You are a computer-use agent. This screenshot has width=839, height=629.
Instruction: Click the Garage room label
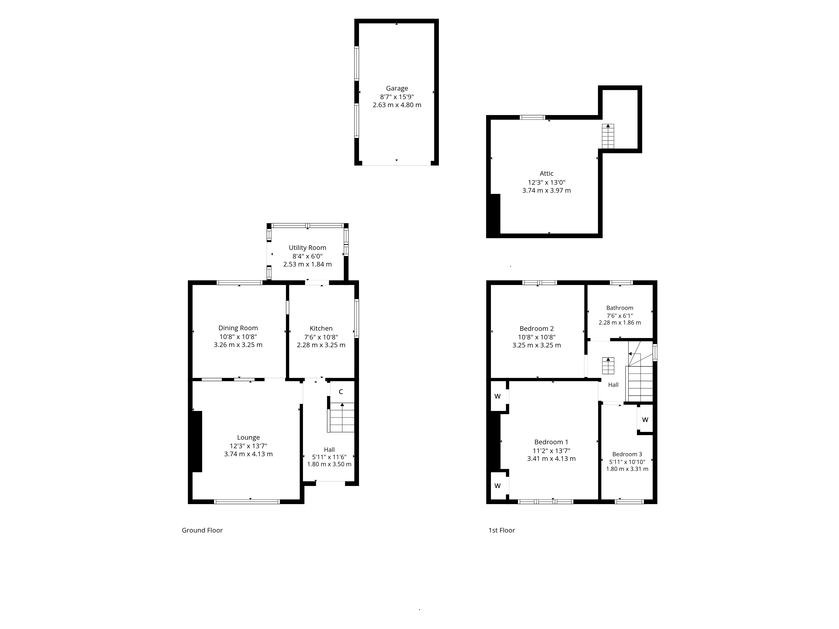[x=397, y=88]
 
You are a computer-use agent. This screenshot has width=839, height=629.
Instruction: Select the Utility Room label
[x=307, y=248]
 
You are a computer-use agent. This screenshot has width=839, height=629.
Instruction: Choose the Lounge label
[x=248, y=438]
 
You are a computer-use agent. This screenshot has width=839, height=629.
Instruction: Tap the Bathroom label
[x=620, y=308]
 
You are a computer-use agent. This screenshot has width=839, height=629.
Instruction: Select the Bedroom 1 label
[x=551, y=442]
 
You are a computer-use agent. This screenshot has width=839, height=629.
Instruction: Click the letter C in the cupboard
[x=341, y=392]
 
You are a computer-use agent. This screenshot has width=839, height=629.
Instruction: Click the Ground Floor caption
[x=202, y=530]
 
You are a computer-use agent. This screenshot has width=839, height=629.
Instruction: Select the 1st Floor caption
[x=502, y=530]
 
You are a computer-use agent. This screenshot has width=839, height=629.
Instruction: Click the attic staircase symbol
[x=608, y=136]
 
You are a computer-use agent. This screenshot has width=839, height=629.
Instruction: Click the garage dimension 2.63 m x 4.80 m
[x=397, y=105]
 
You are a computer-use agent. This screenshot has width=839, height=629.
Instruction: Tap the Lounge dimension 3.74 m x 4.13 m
[x=248, y=454]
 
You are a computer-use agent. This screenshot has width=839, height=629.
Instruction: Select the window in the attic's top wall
[x=533, y=117]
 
